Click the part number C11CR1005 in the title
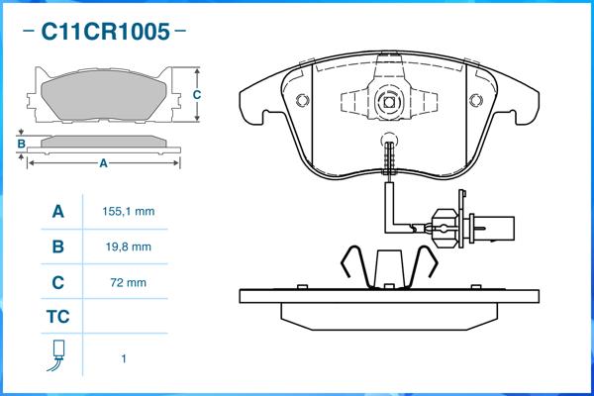(x=104, y=32)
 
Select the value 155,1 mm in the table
(x=129, y=212)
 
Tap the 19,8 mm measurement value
(x=128, y=247)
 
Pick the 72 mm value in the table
(x=130, y=282)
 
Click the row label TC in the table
(x=57, y=318)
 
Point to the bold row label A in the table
(x=57, y=212)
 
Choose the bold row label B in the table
(x=57, y=247)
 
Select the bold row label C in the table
(x=57, y=282)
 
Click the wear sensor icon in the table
(x=57, y=355)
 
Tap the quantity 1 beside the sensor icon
(x=124, y=358)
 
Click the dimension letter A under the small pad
(x=103, y=163)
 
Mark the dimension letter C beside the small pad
(x=197, y=95)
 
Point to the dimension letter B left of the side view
(x=22, y=145)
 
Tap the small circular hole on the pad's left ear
(x=300, y=99)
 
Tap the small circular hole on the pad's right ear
(x=476, y=99)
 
